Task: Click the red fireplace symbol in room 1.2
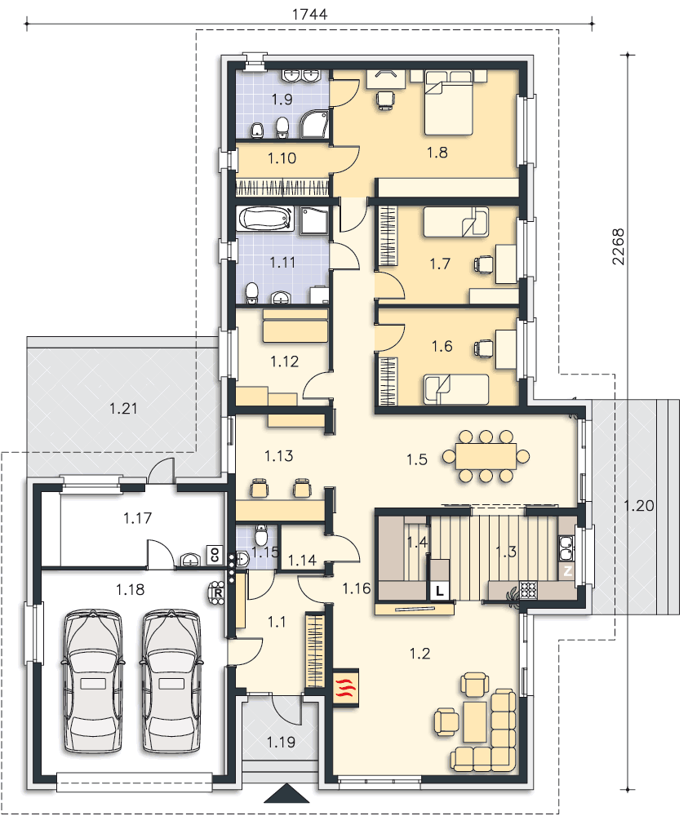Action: coord(345,687)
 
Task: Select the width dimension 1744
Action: coord(309,14)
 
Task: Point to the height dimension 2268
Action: coord(618,246)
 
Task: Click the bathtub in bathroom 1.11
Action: coord(265,219)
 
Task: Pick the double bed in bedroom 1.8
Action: coord(449,103)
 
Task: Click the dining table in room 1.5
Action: coord(486,456)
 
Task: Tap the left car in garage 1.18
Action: coord(93,681)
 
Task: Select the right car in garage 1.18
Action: coord(171,681)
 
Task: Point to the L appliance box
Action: coord(440,591)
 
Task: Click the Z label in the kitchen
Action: coord(566,571)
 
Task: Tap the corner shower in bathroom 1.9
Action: coord(315,124)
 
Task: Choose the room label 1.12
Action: coord(285,361)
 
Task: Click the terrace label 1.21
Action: coord(123,409)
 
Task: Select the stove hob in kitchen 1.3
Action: coord(528,589)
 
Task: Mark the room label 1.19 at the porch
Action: coord(281,742)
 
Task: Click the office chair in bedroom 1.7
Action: coord(483,264)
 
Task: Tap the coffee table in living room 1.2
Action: coord(475,722)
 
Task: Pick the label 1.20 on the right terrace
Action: coord(638,505)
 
